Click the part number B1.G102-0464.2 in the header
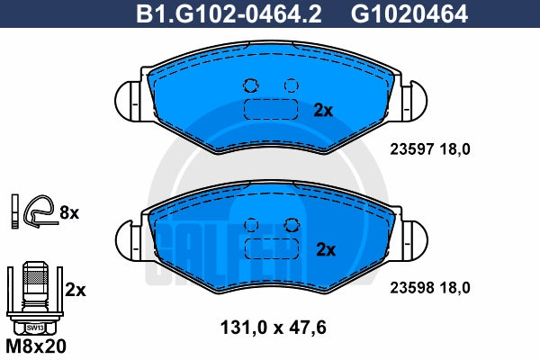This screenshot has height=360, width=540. (x=229, y=13)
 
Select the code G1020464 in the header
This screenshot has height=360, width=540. (x=409, y=13)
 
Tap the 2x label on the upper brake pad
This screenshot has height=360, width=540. (x=323, y=111)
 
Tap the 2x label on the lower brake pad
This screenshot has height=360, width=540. (x=326, y=250)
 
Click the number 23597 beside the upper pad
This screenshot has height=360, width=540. (x=411, y=149)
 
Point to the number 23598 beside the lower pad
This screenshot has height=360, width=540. (x=411, y=288)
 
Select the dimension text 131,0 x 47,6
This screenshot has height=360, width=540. (x=273, y=328)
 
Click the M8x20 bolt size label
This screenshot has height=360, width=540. (x=36, y=346)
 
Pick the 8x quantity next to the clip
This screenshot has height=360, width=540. (x=69, y=213)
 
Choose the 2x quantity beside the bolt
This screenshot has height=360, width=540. (x=76, y=290)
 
